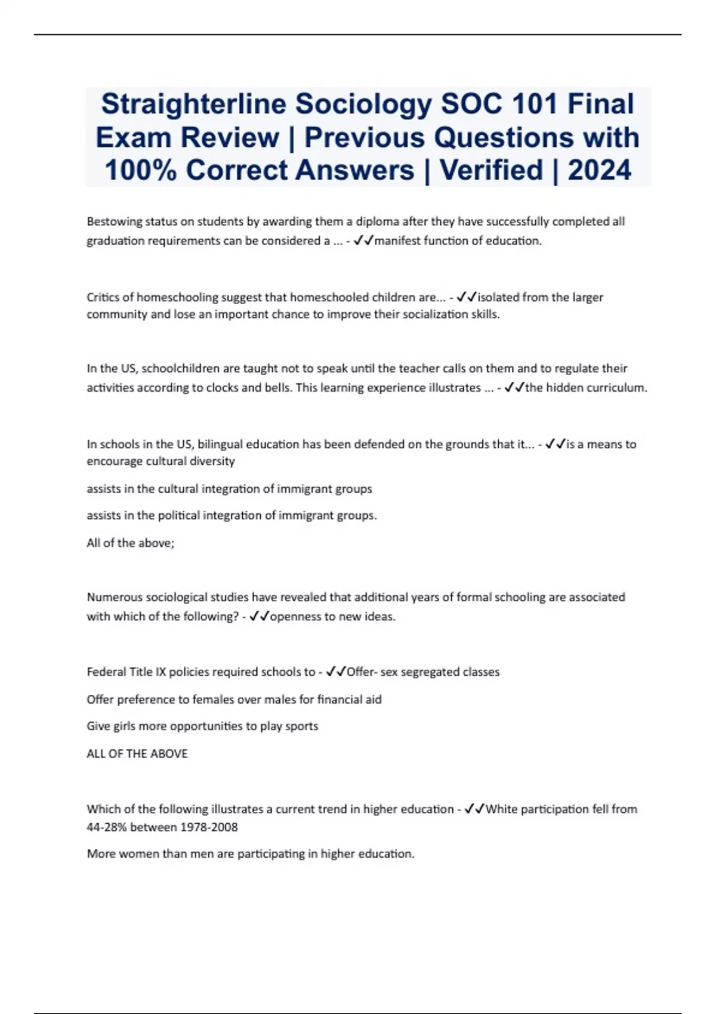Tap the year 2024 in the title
(599, 170)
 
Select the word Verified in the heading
(490, 170)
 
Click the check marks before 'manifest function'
(363, 241)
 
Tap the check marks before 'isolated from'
(467, 297)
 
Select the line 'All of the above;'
(130, 543)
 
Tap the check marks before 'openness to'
(260, 616)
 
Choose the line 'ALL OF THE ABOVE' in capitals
(137, 753)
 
